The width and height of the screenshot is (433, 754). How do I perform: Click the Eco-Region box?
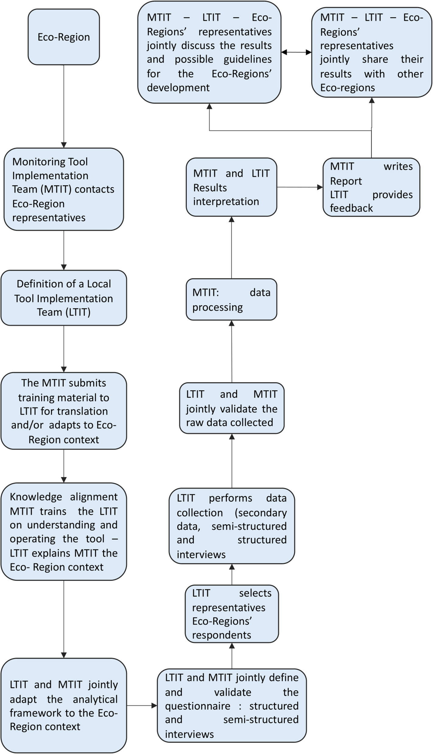tap(64, 37)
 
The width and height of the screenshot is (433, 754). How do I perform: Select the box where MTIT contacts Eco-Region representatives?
tap(64, 189)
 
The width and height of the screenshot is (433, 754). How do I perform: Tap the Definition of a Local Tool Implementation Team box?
tap(64, 298)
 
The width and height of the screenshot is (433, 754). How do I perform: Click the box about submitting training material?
tap(64, 411)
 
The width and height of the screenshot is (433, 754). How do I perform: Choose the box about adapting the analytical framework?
tap(64, 705)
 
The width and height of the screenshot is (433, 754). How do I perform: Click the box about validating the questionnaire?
tap(232, 705)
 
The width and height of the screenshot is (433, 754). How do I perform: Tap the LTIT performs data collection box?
tap(232, 526)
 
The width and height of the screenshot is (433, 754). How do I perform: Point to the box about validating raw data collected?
tap(232, 408)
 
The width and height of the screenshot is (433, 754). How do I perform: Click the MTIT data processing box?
tap(231, 299)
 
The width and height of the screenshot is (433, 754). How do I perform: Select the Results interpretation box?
tap(231, 187)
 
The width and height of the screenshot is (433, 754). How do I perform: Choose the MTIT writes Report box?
tap(371, 187)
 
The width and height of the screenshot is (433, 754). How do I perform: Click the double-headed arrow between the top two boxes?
tap(296, 52)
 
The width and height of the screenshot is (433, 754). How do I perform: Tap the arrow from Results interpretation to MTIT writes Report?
tap(300, 187)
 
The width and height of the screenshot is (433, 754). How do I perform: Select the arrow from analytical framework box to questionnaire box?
tap(142, 705)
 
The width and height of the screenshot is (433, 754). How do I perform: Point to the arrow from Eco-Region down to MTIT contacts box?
tap(64, 106)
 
